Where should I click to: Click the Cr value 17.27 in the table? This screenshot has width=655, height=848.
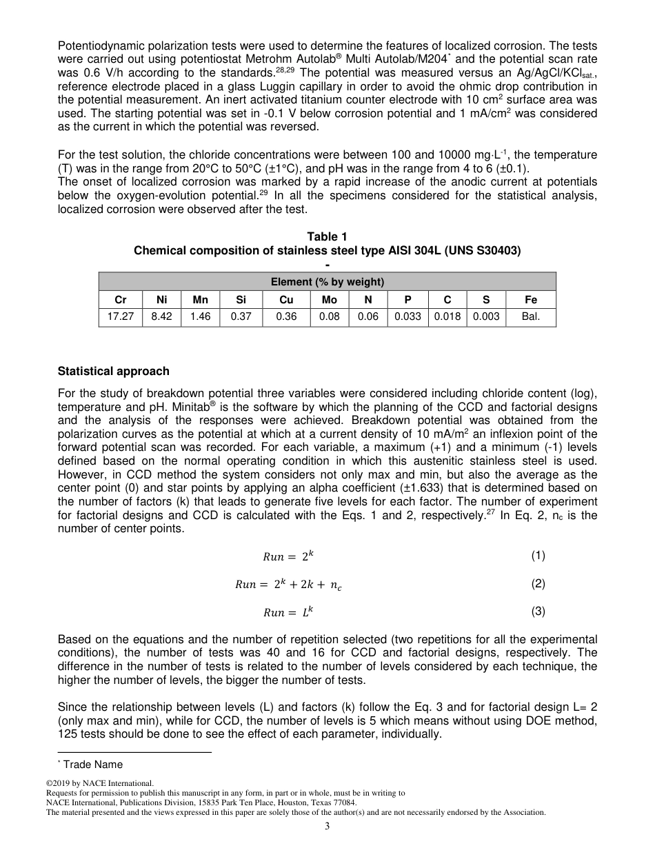coord(121,318)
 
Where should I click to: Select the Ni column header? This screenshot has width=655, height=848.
coord(162,300)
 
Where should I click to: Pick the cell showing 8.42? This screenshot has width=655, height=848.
coord(162,318)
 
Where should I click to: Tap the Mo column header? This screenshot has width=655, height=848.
coord(330,300)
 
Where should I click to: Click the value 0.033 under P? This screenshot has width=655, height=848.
coord(407,318)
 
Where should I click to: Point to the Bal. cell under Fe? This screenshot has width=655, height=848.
coord(530,318)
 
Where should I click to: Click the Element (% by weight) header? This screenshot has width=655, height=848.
coord(327,282)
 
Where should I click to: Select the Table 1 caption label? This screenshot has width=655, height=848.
coord(327,237)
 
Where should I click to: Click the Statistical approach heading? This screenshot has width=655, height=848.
coord(114,371)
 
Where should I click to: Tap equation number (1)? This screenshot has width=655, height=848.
coord(538,556)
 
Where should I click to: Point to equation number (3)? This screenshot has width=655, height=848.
coord(538,611)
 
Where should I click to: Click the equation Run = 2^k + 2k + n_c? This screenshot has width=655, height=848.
coord(288,585)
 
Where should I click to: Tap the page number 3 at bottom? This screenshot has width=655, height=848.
coord(327,827)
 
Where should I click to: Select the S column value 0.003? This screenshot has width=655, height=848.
coord(486,318)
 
